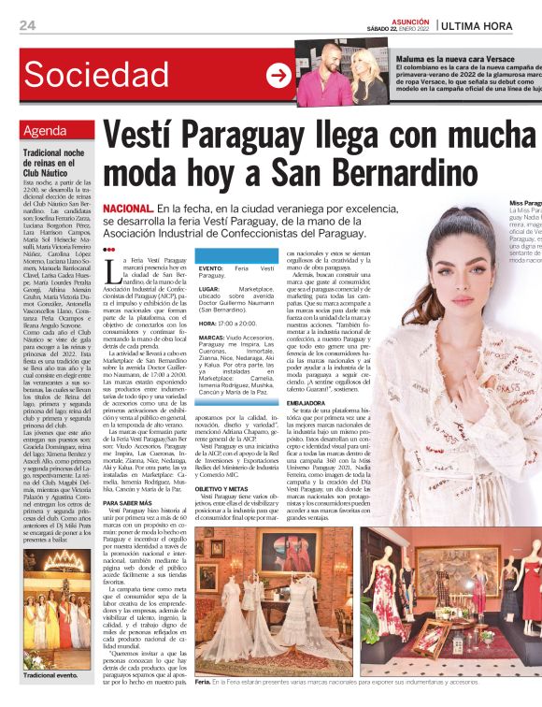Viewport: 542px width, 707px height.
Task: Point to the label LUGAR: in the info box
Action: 210,290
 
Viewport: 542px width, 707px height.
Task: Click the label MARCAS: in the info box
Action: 212,337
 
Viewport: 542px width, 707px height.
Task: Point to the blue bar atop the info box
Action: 238,254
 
